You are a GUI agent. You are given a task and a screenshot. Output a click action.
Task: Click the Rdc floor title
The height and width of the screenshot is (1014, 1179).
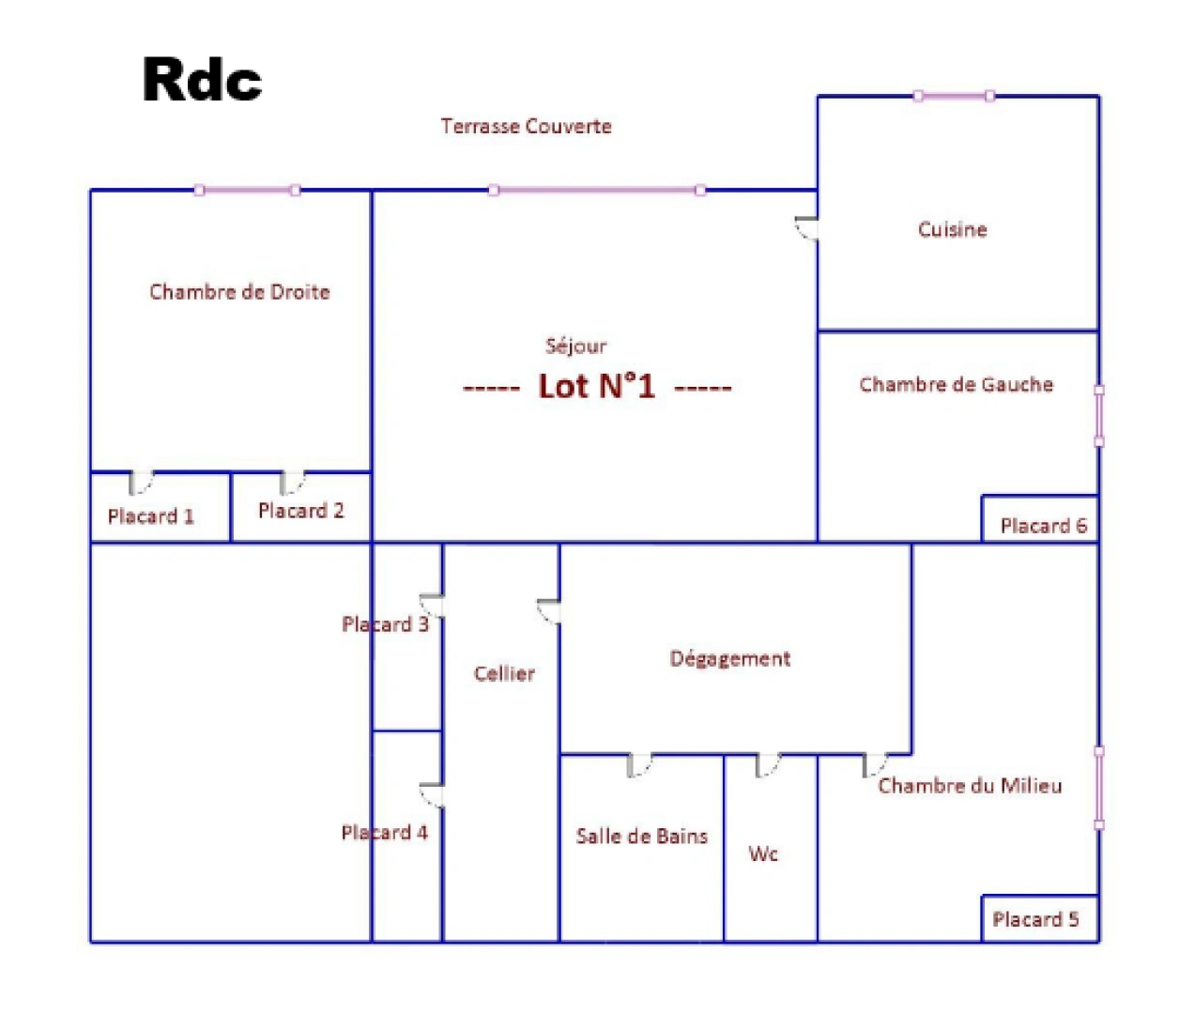tap(202, 80)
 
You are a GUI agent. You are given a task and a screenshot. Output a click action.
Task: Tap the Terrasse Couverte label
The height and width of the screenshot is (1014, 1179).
tap(526, 126)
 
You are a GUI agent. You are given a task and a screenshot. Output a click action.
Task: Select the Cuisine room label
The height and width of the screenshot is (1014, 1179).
tap(952, 229)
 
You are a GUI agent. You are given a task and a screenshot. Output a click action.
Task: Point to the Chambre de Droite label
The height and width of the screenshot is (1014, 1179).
tap(239, 292)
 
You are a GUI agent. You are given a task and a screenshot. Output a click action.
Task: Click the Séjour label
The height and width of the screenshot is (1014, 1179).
tap(575, 346)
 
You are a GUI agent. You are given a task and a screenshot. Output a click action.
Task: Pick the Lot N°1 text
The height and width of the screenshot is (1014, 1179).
tap(597, 386)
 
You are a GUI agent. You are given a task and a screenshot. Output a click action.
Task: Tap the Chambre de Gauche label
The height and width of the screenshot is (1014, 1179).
tap(956, 385)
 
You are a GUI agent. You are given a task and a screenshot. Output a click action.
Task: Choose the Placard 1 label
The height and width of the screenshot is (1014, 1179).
tap(150, 516)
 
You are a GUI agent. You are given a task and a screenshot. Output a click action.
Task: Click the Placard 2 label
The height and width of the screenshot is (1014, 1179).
tap(301, 511)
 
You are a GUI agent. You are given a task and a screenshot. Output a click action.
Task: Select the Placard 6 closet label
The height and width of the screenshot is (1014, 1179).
tap(1044, 526)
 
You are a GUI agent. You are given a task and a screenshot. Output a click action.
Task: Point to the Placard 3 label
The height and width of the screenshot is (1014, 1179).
tap(385, 623)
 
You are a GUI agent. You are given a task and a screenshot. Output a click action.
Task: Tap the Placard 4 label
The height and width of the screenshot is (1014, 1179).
tap(385, 833)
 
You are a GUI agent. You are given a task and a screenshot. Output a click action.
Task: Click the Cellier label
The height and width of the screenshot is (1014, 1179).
tap(504, 674)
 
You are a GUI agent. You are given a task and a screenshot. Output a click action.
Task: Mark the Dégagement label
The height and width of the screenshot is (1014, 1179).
tap(730, 659)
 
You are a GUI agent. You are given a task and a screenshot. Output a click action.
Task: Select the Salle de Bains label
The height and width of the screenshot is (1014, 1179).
tap(642, 837)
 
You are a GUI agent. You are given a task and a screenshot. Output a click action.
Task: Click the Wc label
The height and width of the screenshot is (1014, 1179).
tap(762, 854)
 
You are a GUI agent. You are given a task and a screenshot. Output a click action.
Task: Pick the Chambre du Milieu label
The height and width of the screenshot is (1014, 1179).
tap(970, 786)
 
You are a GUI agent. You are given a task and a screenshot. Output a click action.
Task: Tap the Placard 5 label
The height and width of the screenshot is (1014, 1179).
tap(1035, 919)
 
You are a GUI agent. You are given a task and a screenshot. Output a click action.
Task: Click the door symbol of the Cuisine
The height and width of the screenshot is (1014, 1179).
tap(806, 228)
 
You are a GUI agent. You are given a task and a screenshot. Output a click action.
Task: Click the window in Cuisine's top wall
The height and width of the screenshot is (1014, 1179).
tap(954, 96)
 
